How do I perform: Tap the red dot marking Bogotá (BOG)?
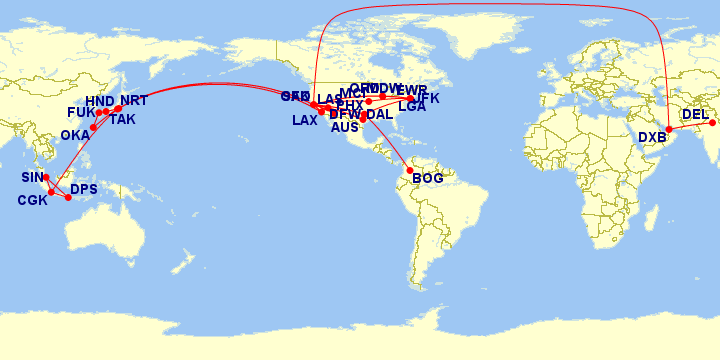[x=410, y=171]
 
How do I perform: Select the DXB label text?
[x=652, y=138]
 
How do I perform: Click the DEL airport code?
[x=695, y=115]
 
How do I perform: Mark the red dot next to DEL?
[x=713, y=123]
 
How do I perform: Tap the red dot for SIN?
[x=46, y=178]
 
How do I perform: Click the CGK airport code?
[x=32, y=201]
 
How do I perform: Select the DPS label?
[x=84, y=189]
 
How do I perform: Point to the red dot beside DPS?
[x=68, y=198]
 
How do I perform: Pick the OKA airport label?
[x=75, y=135]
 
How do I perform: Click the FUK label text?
[x=81, y=113]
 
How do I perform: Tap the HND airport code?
[x=100, y=101]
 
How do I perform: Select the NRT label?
[x=134, y=101]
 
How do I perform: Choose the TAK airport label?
[x=122, y=120]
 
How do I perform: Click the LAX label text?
[x=305, y=121]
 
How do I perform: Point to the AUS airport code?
[x=344, y=128]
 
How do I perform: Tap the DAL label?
[x=380, y=115]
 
